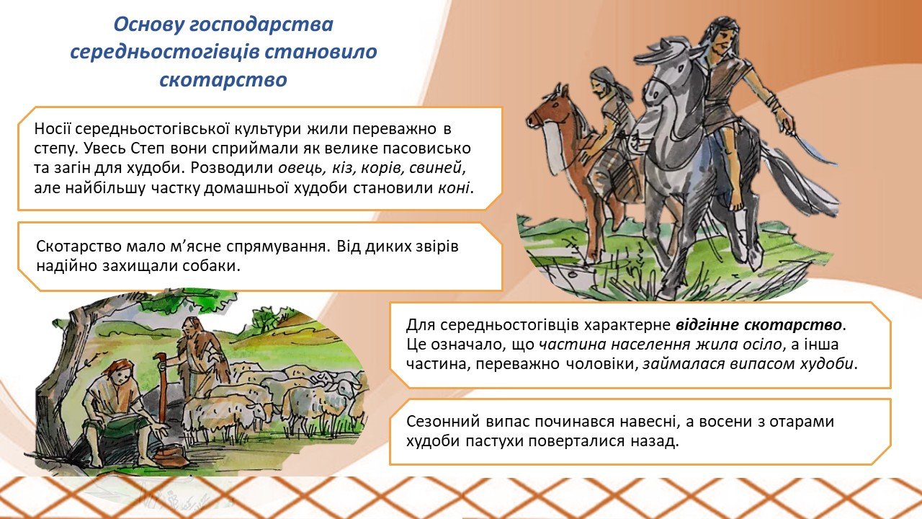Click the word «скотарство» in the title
223,79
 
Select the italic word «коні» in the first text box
454,188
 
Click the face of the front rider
724,41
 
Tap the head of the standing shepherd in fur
191,327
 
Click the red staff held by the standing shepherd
163,391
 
